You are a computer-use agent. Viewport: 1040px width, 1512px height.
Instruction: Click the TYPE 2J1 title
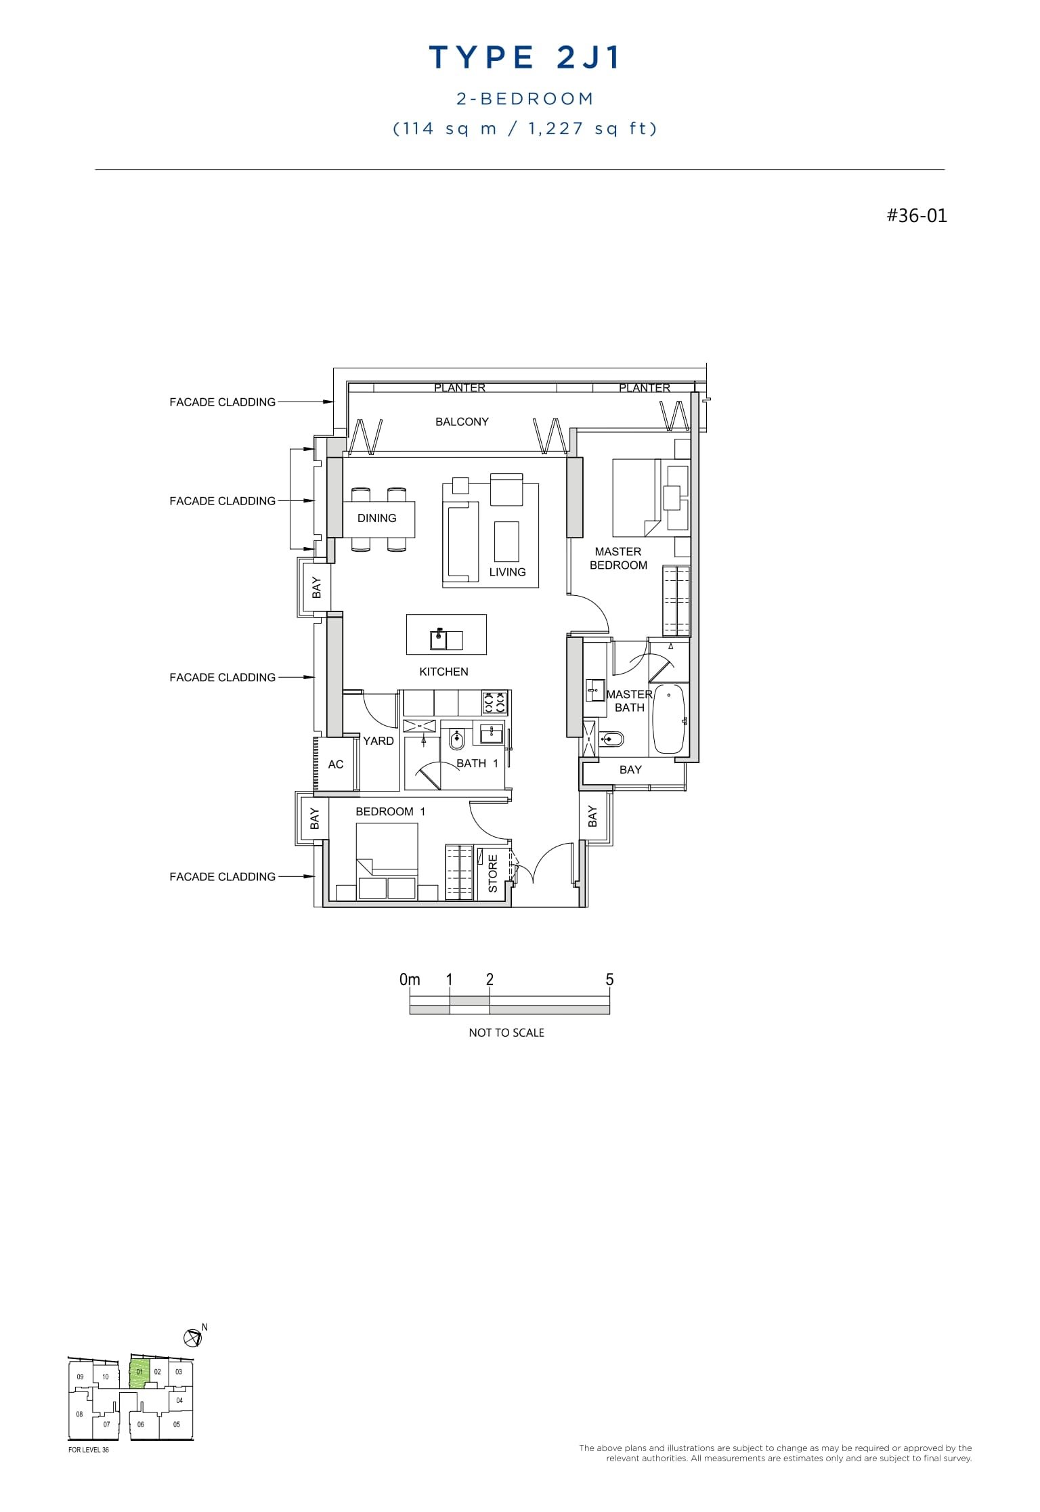pos(525,58)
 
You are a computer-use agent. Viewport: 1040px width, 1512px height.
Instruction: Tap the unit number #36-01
pos(917,216)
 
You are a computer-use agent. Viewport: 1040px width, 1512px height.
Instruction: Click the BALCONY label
pos(462,422)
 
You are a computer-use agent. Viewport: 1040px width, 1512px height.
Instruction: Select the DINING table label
pos(377,518)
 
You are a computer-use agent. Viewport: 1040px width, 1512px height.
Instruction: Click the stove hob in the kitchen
pos(495,703)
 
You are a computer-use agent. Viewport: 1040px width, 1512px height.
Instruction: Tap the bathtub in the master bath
pos(669,719)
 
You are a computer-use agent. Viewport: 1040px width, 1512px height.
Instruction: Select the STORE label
pos(493,873)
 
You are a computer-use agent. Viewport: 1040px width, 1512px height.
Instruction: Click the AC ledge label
pos(336,764)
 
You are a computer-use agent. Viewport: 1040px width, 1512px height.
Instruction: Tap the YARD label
pos(378,741)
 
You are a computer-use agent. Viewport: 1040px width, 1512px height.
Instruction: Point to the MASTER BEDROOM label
pos(618,559)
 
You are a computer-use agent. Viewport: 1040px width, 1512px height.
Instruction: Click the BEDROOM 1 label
pos(390,811)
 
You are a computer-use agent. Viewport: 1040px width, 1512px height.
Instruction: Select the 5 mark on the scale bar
pos(609,980)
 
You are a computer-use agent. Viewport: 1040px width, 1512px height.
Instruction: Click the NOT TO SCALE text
pos(506,1033)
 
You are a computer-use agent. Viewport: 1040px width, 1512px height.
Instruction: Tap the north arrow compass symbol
pos(192,1337)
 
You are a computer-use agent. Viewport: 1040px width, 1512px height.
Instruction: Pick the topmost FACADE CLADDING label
pos(222,402)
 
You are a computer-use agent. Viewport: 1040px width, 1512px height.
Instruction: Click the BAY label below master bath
pos(630,770)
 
